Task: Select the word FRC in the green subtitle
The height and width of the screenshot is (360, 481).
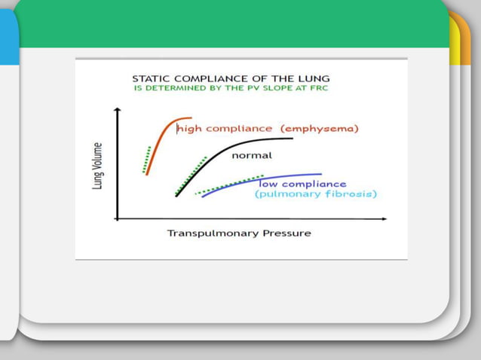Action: [x=321, y=88]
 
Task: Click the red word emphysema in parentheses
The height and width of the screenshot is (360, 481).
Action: [x=320, y=129]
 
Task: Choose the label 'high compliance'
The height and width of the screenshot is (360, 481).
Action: [x=225, y=129]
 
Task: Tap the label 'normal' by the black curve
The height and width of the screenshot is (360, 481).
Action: [x=251, y=155]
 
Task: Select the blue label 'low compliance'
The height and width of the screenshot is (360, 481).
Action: [x=302, y=184]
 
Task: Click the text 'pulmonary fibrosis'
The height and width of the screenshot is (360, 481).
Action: [x=316, y=194]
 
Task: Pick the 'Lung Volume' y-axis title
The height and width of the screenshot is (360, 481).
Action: [x=98, y=166]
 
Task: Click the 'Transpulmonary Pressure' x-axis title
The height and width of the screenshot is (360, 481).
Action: [x=238, y=233]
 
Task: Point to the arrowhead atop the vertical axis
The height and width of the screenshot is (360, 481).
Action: [x=117, y=111]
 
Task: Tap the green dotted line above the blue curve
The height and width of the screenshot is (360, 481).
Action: [x=226, y=186]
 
